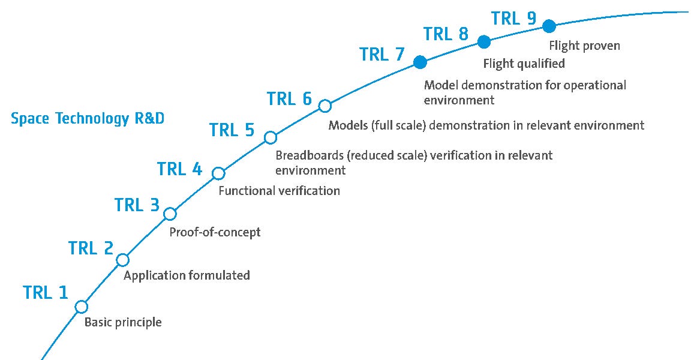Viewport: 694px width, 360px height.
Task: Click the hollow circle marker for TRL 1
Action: point(82,307)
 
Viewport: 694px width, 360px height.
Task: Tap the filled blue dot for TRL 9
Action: point(548,26)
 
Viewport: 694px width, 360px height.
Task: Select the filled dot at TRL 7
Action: point(420,62)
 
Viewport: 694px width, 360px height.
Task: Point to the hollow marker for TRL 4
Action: point(218,173)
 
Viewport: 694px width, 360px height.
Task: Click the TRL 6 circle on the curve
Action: point(325,106)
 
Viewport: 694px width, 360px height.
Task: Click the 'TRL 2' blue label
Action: point(91,248)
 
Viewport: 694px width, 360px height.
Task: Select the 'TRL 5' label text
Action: point(232,130)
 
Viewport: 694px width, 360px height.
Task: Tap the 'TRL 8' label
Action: point(446,34)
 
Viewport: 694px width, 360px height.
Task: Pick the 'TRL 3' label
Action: point(137,205)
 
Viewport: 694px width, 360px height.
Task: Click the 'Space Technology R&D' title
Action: point(88,119)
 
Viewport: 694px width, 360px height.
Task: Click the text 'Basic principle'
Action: point(123,323)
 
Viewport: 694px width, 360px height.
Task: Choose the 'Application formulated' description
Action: point(187,276)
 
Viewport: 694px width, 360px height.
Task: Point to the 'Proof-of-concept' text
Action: point(215,232)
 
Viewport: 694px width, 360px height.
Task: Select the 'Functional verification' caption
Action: point(279,191)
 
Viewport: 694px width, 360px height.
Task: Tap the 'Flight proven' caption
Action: point(585,46)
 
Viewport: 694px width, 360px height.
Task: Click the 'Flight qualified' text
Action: point(524,63)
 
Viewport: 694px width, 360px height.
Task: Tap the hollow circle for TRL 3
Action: point(170,214)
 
